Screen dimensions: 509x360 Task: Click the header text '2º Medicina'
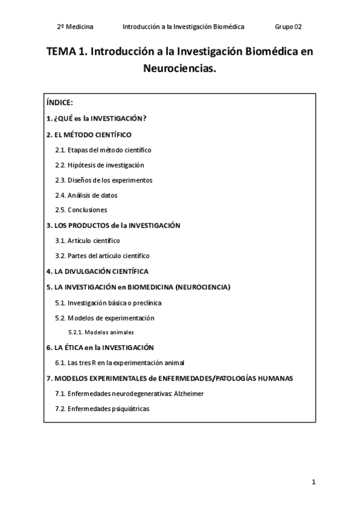[x=75, y=27]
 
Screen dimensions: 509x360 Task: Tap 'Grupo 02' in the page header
[x=288, y=27]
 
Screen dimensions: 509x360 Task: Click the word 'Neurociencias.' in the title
[x=179, y=69]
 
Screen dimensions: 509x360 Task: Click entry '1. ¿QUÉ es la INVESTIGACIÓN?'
[x=96, y=119]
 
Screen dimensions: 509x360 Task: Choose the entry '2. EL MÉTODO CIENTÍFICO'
[x=89, y=134]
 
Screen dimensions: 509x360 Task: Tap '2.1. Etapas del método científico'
[x=103, y=149]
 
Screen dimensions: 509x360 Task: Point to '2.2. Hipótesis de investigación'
[x=100, y=165]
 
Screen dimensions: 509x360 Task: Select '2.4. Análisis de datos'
[x=86, y=195]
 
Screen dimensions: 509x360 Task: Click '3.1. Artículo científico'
[x=88, y=241]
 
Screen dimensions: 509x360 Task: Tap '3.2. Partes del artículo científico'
[x=102, y=256]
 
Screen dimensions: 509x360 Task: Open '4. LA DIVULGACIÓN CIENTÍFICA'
[x=97, y=271]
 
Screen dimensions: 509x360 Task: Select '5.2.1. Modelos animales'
[x=101, y=332]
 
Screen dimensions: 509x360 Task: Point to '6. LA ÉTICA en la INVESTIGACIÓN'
[x=100, y=348]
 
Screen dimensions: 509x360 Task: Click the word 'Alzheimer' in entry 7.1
[x=189, y=393]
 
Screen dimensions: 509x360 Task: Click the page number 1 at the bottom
[x=313, y=482]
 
